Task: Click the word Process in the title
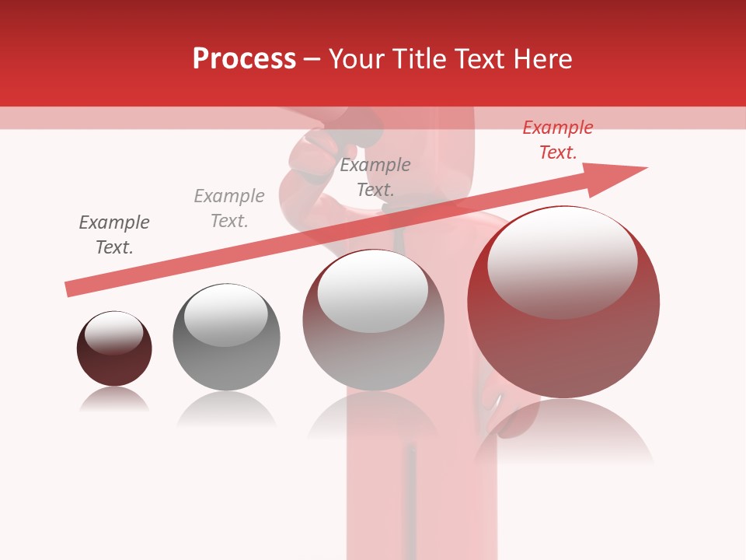tap(244, 59)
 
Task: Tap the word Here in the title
tap(543, 59)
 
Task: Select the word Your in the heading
tap(358, 59)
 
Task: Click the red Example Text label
tap(557, 140)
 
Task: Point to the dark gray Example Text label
tap(114, 235)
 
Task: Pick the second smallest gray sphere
tap(226, 338)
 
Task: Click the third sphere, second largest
tap(373, 320)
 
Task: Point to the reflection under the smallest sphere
tap(114, 400)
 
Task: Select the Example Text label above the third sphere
tap(375, 177)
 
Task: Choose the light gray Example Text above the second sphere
tap(229, 208)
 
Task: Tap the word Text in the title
tap(484, 59)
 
